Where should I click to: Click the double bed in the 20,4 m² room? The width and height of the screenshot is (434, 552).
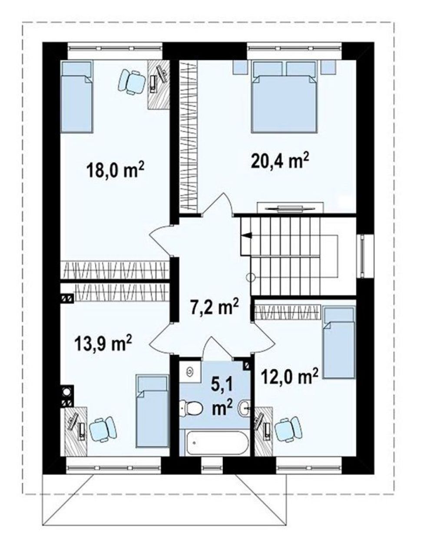284,97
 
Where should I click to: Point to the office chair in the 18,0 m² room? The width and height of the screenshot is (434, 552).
132,82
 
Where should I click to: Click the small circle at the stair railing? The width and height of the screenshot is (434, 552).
251,278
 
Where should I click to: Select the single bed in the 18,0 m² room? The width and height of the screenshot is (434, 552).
77,96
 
